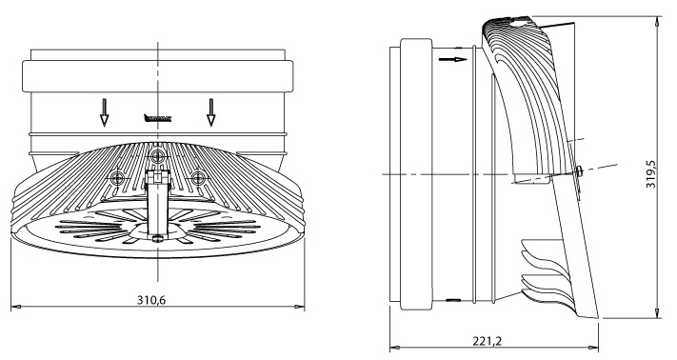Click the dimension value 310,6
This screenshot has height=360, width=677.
tap(151, 300)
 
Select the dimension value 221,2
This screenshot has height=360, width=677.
tap(487, 342)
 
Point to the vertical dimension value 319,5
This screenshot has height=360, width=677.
tap(650, 174)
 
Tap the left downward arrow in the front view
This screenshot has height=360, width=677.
tap(104, 112)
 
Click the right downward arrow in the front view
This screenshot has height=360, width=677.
tap(210, 112)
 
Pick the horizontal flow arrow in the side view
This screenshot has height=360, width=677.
tap(452, 59)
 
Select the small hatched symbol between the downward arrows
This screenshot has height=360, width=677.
tap(158, 118)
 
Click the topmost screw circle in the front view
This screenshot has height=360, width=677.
tap(157, 155)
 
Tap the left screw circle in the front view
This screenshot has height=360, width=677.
tap(116, 177)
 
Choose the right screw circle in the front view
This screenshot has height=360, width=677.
tap(198, 177)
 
